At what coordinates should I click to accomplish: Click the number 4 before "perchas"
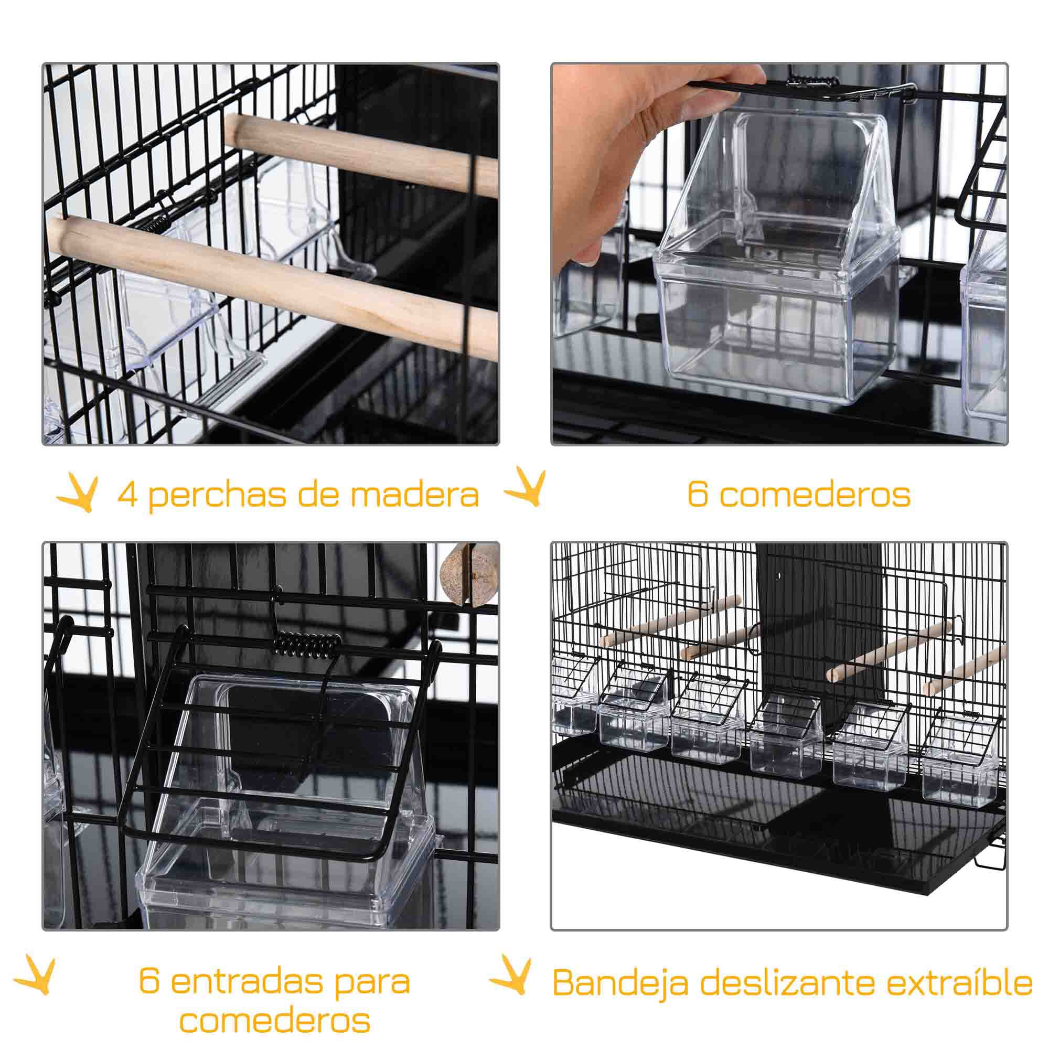pyautogui.click(x=127, y=495)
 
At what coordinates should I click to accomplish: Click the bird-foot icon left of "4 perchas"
pyautogui.click(x=78, y=493)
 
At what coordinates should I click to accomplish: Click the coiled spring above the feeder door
pyautogui.click(x=307, y=644)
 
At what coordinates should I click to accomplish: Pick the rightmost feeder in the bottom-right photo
pyautogui.click(x=960, y=760)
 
